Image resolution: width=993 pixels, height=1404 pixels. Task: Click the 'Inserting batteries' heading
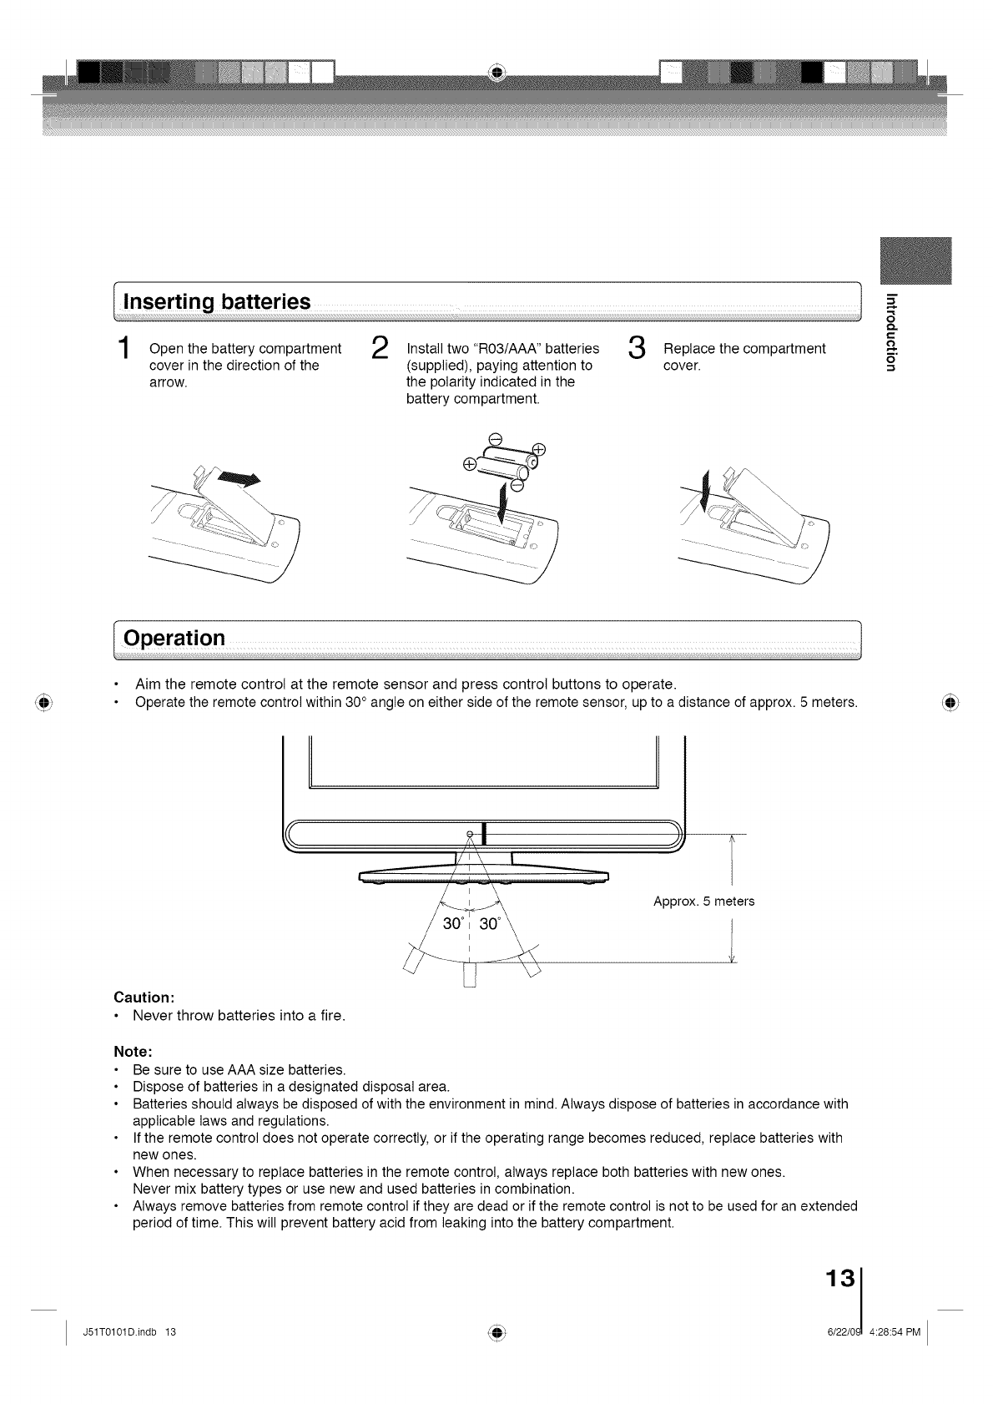(217, 301)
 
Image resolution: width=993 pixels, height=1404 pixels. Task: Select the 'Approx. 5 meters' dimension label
(703, 901)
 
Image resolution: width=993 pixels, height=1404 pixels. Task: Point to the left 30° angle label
(452, 923)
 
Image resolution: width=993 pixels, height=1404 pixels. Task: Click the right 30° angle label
(489, 923)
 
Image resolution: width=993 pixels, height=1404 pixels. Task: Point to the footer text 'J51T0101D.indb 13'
(130, 1331)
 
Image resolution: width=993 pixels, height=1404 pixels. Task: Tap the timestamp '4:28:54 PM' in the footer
(895, 1331)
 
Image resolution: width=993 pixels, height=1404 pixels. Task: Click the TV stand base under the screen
(484, 876)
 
